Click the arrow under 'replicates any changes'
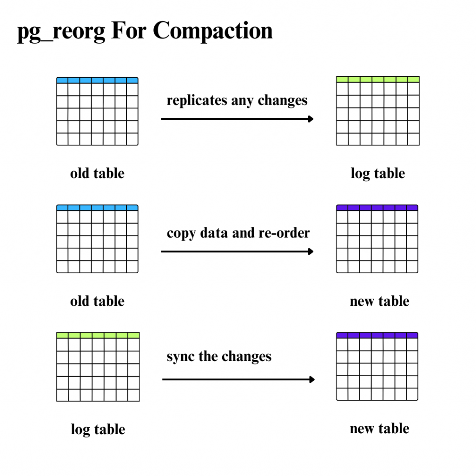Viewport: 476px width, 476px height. (237, 119)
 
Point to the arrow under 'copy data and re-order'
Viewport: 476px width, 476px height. (237, 252)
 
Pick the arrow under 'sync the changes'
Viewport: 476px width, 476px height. (238, 380)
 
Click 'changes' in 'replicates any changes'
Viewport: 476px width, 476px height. (283, 100)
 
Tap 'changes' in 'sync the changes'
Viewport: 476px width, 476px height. (246, 357)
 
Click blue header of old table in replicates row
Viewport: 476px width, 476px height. (97, 80)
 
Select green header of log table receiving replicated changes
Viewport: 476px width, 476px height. (377, 79)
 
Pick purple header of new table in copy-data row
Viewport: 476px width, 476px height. (377, 208)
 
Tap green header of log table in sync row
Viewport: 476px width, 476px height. (98, 335)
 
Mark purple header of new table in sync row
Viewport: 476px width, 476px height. (377, 335)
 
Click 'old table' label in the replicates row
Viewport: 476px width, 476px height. (97, 174)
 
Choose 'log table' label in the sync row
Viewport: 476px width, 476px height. (98, 430)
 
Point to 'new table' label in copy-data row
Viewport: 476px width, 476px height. (379, 301)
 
